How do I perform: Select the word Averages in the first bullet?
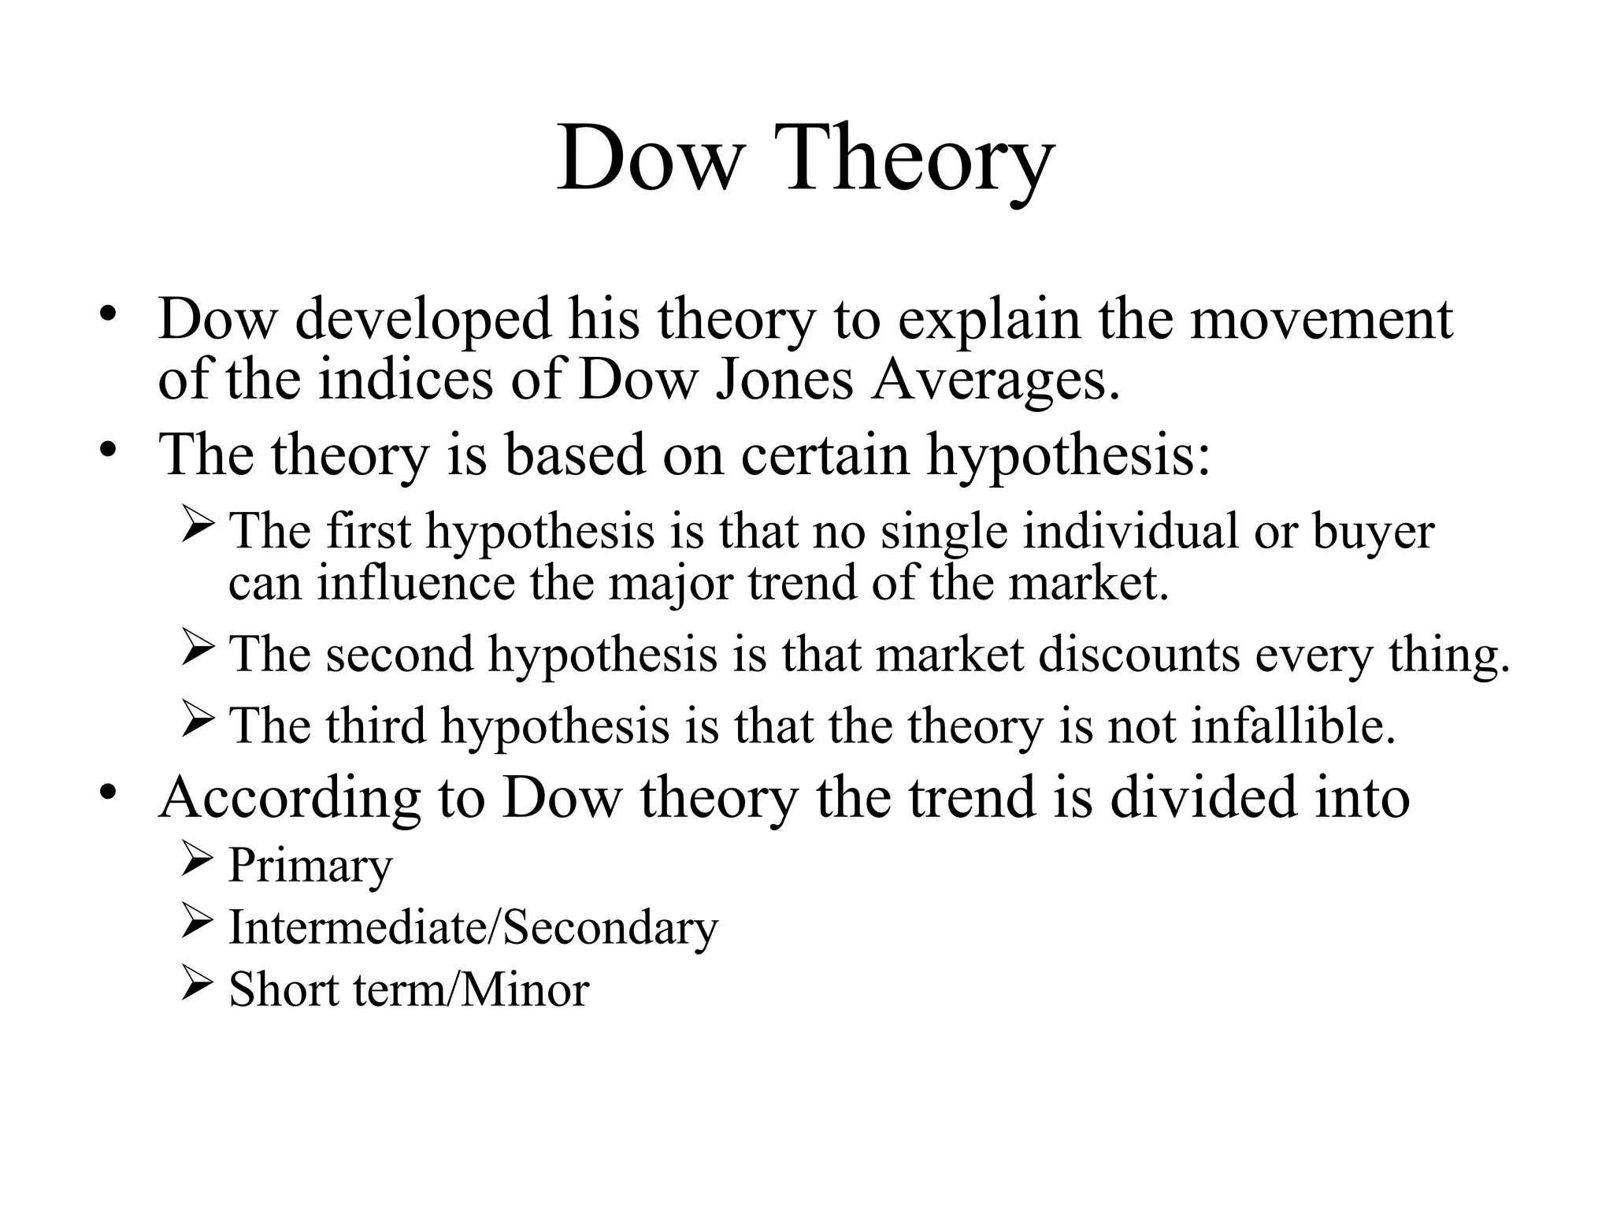tap(994, 380)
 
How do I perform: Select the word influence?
tap(415, 583)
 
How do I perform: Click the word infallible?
tap(1293, 725)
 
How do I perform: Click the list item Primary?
tap(310, 867)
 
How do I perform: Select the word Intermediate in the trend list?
tap(358, 927)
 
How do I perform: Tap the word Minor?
tap(525, 989)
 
